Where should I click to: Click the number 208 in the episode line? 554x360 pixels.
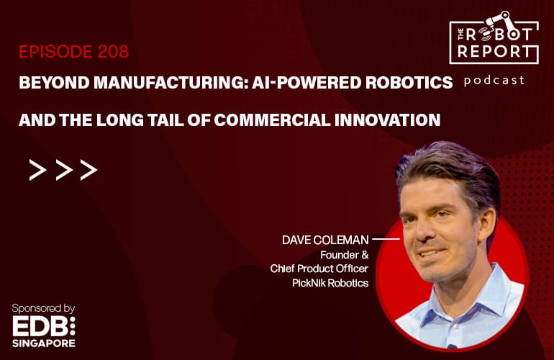tap(114, 52)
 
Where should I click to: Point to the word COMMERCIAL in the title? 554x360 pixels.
tap(272, 120)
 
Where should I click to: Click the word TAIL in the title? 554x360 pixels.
tap(166, 120)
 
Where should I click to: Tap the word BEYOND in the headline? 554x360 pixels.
tap(54, 83)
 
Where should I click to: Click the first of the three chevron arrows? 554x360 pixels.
tap(38, 170)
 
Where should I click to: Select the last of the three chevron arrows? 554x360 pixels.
tap(88, 170)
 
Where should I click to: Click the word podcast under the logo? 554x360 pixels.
tap(494, 81)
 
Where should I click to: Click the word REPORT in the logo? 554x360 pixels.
tap(494, 52)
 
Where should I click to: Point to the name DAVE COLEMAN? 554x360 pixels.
tap(325, 240)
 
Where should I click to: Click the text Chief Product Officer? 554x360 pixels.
tap(319, 269)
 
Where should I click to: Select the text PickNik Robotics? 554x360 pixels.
tap(330, 283)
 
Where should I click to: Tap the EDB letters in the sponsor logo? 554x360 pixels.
tap(40, 326)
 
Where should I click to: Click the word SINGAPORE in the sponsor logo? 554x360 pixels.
tap(44, 343)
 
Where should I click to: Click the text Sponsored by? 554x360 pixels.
tap(43, 309)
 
